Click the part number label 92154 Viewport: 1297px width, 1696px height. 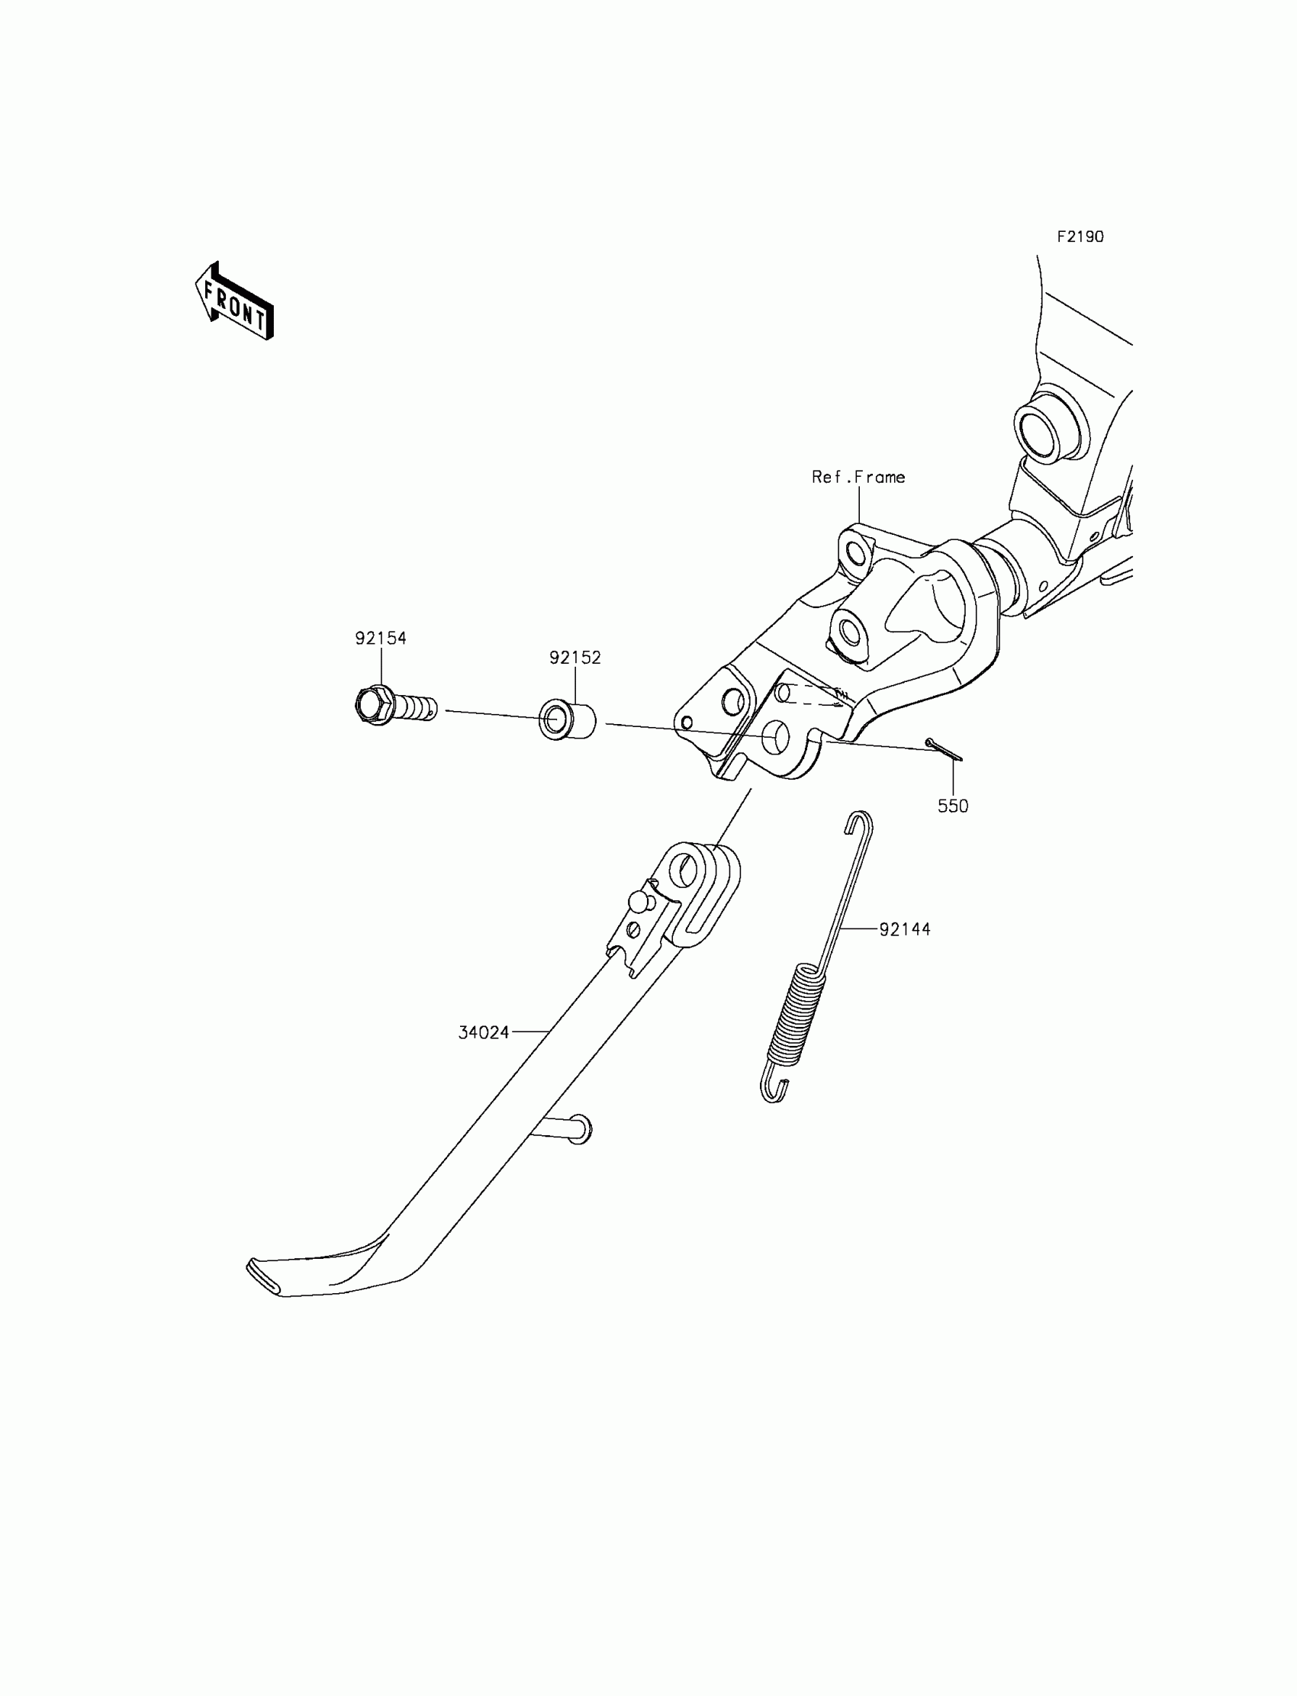pos(381,639)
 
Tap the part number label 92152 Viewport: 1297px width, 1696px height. pos(575,658)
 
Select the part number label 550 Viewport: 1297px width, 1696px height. pos(953,806)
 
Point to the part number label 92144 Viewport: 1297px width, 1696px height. pos(905,929)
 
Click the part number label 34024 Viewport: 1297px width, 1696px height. pos(484,1033)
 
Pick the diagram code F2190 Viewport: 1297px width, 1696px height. pos(1080,237)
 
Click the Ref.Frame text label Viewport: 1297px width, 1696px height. pos(858,477)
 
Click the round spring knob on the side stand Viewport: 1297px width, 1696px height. pos(638,902)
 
